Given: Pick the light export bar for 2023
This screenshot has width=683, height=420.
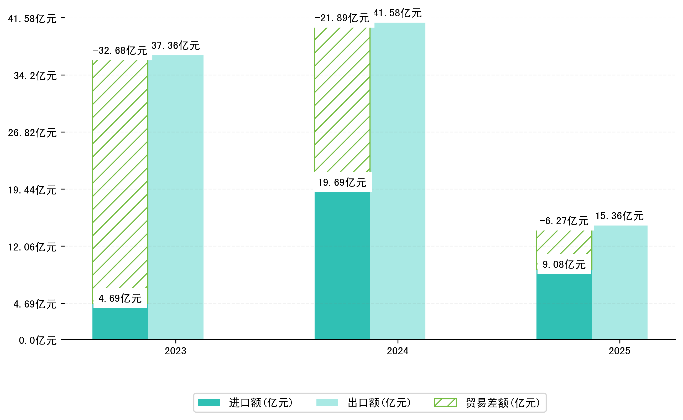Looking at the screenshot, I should coord(176,197).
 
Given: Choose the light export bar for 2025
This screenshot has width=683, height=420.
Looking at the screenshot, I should coord(620,282).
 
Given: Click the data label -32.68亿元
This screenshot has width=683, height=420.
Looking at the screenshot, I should coord(120,50).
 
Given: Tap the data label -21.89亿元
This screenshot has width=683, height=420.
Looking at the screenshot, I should coord(342,18).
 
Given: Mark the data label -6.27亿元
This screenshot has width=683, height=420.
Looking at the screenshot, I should coord(564,221).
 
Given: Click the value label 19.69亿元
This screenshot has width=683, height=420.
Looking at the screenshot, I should coord(342,182).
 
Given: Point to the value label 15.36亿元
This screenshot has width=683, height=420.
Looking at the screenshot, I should coord(619,216).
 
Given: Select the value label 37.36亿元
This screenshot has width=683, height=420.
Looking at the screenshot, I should coord(176,45).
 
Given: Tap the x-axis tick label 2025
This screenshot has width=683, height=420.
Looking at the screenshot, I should coord(619,351).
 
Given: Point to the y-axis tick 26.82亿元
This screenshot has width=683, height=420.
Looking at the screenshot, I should coord(32,133).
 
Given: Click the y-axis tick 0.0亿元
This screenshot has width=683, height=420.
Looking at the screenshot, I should coord(38,340).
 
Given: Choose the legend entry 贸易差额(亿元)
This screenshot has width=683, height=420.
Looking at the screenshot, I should coord(487,403).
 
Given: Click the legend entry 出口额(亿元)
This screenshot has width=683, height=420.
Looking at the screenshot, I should coord(364,403).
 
